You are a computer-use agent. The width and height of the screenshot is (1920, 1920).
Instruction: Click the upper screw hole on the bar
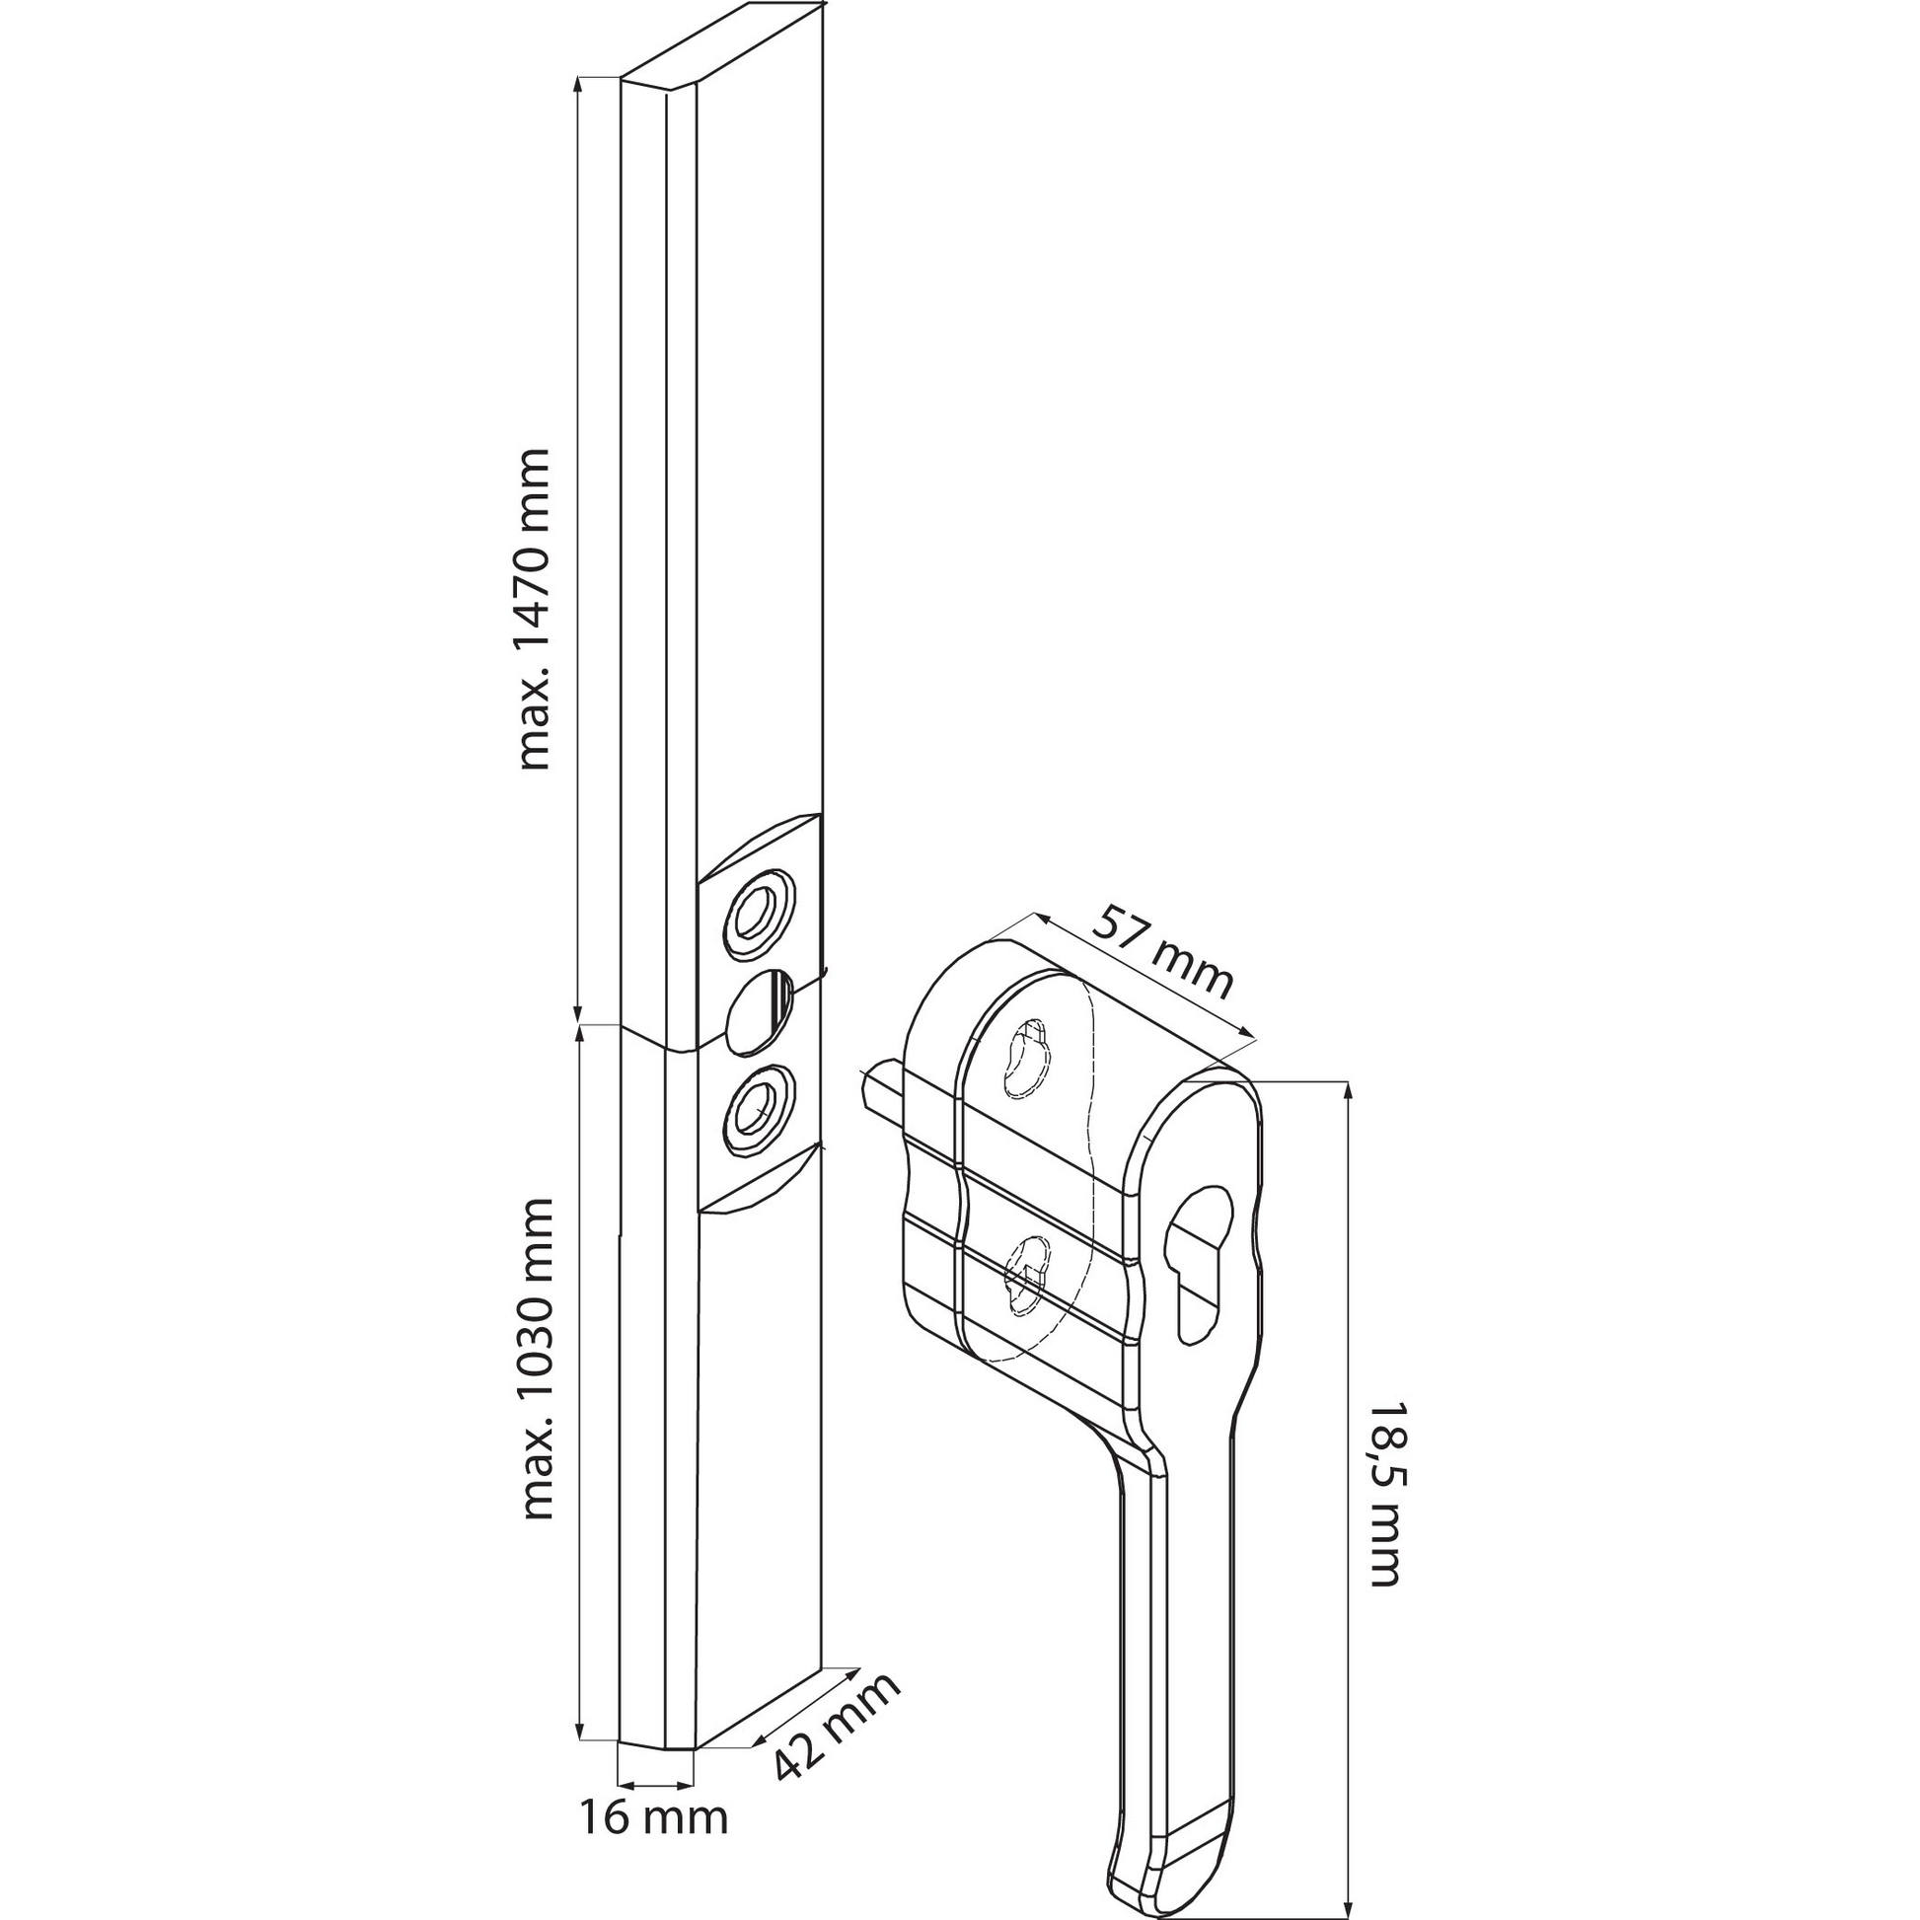761,915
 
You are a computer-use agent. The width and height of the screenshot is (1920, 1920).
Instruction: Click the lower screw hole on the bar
761,1111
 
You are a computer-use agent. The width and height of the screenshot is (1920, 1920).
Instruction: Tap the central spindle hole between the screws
760,1011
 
